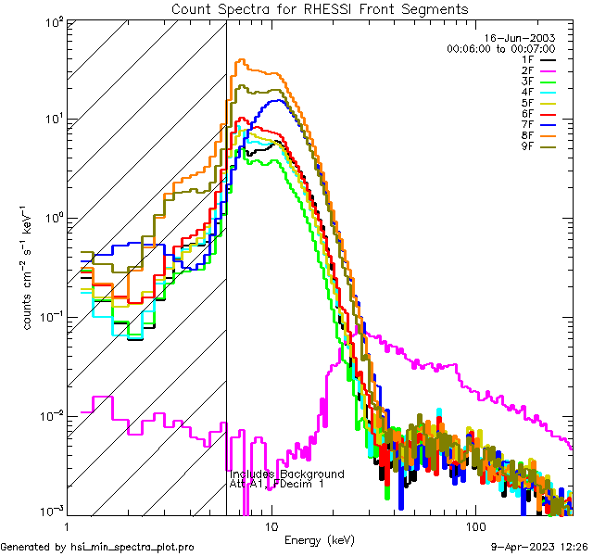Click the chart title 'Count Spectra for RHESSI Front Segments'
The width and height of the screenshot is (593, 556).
[x=320, y=8]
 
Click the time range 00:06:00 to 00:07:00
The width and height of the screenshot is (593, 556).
[x=500, y=48]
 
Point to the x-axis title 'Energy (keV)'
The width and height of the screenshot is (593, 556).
[x=318, y=540]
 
